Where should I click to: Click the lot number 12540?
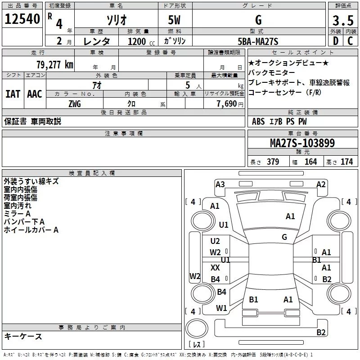click(x=22, y=20)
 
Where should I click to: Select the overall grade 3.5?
click(x=342, y=20)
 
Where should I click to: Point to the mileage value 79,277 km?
click(x=54, y=64)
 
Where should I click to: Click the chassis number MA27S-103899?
click(x=302, y=143)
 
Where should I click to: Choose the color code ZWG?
click(x=75, y=103)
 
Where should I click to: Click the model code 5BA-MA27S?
click(x=258, y=41)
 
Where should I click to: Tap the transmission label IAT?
click(x=13, y=94)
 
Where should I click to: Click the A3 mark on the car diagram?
click(x=220, y=184)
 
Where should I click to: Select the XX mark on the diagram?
click(x=215, y=267)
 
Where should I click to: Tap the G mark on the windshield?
click(x=284, y=237)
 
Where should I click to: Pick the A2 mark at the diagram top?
click(x=321, y=184)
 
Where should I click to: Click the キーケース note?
click(x=23, y=336)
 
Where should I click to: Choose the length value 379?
click(x=272, y=162)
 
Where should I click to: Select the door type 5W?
click(x=175, y=20)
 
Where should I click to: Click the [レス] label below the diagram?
click(x=197, y=344)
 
